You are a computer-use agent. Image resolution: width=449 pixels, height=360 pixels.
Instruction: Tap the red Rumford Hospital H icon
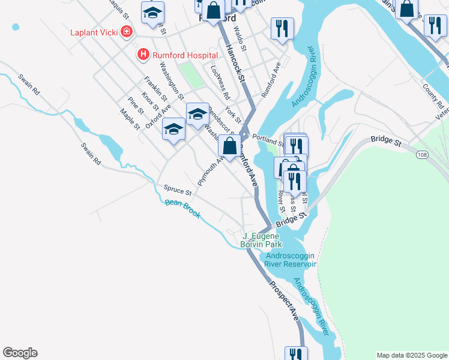[x=143, y=55]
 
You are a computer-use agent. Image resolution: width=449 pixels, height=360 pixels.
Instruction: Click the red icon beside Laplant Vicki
[x=127, y=32]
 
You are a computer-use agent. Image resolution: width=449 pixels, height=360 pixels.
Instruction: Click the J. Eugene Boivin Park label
[x=262, y=240]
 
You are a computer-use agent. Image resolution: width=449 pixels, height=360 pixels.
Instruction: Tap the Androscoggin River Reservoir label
[x=291, y=259]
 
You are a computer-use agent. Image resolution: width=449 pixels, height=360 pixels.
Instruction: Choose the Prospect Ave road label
[x=284, y=301]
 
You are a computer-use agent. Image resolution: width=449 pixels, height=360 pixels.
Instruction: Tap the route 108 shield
[x=422, y=155]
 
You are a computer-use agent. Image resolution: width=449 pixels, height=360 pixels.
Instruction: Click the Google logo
[x=20, y=353]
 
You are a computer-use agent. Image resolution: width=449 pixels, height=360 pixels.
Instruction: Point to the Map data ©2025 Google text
[x=411, y=355]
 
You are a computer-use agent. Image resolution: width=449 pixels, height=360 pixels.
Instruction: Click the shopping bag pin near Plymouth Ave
[x=229, y=146]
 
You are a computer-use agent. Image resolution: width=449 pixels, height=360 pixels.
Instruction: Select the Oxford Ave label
[x=162, y=113]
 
